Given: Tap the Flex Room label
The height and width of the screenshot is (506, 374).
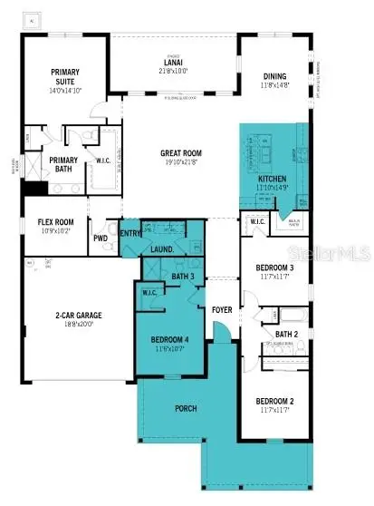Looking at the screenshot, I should pos(54,222).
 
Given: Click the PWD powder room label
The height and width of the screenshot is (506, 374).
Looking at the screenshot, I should pos(101,239).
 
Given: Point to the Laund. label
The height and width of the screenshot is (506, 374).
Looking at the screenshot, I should pos(162,248).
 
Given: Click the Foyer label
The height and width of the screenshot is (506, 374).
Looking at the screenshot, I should pos(223,307).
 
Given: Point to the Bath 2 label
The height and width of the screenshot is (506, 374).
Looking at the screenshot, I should pos(288,334).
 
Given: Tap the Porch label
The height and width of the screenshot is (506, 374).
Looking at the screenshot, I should pos(186,408).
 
